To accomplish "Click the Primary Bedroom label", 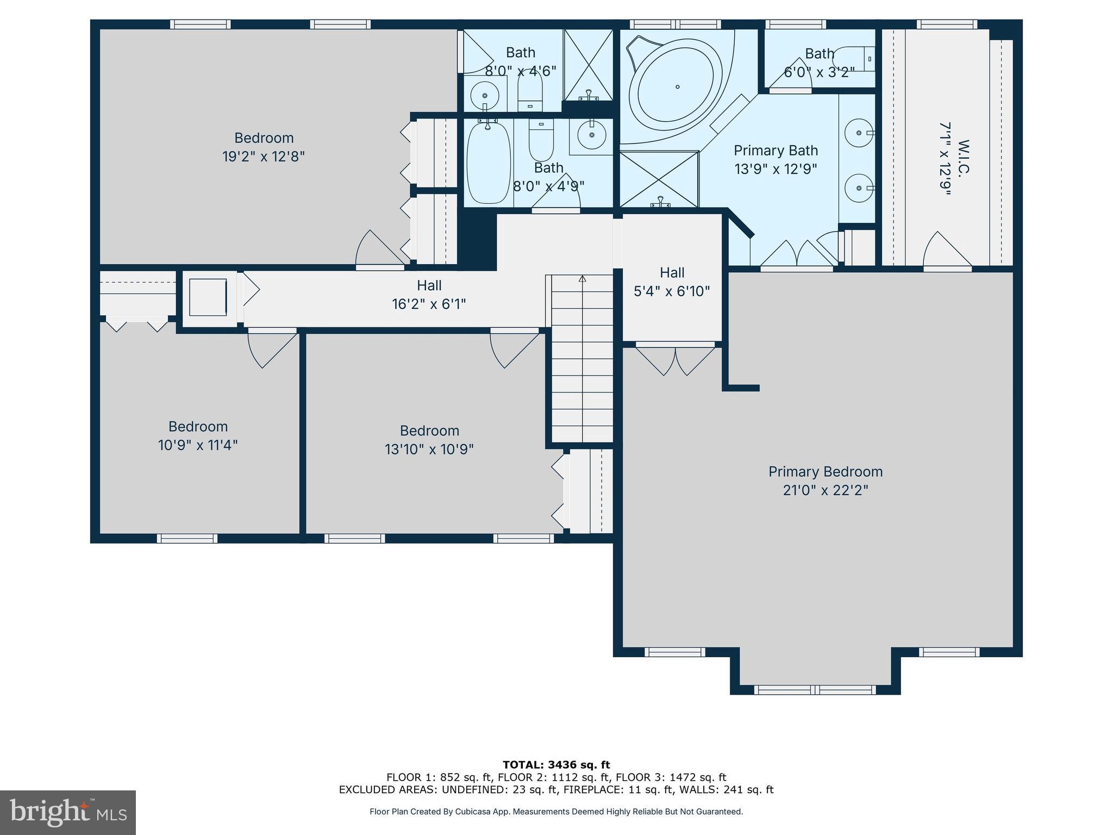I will tap(825, 472).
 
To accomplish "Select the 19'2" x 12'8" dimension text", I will tap(264, 157).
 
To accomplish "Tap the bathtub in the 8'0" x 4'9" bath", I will tap(488, 163).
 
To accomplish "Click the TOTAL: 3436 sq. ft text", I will tap(556, 765).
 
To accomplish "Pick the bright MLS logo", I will tap(67, 812).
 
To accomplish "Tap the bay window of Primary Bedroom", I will tap(815, 690).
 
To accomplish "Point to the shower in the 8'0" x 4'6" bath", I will tap(588, 65).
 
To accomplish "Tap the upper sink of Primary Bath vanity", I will tap(859, 133).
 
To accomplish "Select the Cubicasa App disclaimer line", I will tap(556, 812).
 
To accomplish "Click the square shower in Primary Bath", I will tap(659, 179).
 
